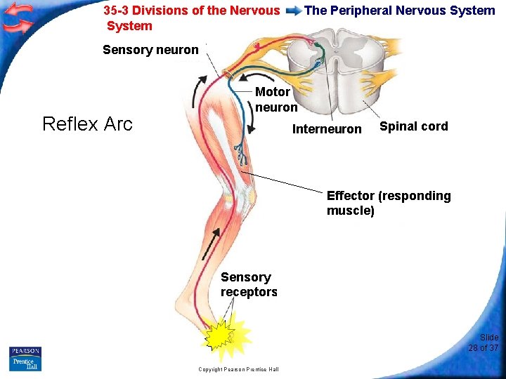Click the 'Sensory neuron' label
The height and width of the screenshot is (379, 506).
(x=150, y=50)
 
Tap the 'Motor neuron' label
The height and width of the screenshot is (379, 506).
(x=275, y=100)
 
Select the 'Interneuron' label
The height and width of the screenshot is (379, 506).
(x=327, y=129)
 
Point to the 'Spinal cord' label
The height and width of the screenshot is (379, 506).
(x=413, y=126)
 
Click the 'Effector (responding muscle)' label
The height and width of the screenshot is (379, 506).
(x=388, y=203)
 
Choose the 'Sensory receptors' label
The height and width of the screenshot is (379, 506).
(x=249, y=284)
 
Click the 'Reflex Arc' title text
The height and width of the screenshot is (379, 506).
(x=87, y=124)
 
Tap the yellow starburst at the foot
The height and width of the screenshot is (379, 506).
(x=224, y=338)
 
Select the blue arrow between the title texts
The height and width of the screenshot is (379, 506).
(x=293, y=11)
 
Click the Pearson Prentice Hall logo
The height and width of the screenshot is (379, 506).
(x=25, y=358)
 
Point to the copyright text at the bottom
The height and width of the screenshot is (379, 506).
(x=238, y=369)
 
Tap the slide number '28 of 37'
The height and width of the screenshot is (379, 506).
(x=484, y=343)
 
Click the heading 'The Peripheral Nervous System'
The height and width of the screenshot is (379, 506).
(x=399, y=11)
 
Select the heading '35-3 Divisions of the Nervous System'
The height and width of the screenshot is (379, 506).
(x=191, y=18)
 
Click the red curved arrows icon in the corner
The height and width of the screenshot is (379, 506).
(x=18, y=18)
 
